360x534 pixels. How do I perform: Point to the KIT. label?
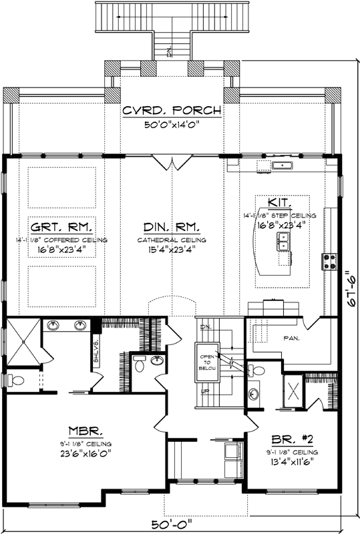[x=278, y=202]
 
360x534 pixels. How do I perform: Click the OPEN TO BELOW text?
[x=206, y=361]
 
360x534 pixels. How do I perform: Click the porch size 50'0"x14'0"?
[x=172, y=124]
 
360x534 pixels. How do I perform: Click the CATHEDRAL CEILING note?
[x=172, y=240]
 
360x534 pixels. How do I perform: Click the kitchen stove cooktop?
[x=328, y=260]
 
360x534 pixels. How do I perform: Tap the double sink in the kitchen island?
[x=284, y=245]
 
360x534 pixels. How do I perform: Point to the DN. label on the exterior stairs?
[x=170, y=52]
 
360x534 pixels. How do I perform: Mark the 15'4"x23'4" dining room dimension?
[x=172, y=251]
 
